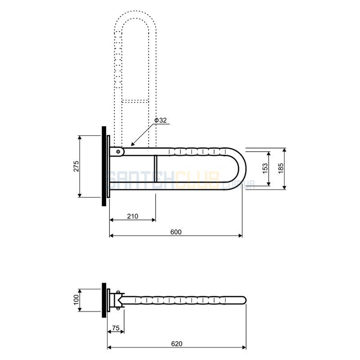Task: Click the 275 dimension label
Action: [76, 166]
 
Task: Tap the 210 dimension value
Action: [133, 216]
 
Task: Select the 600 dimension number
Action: [176, 232]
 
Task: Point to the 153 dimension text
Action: [265, 168]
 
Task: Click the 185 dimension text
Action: [280, 168]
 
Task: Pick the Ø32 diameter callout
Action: [161, 120]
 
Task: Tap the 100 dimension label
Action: [76, 300]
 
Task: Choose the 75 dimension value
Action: [116, 328]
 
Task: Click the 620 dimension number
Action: [177, 344]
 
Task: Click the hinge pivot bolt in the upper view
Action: [118, 152]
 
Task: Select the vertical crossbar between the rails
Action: [156, 169]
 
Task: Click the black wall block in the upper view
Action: [104, 166]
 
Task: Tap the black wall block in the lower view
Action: [104, 300]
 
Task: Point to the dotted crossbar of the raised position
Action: [135, 101]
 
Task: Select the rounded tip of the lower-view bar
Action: [244, 300]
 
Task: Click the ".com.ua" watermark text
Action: [238, 184]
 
